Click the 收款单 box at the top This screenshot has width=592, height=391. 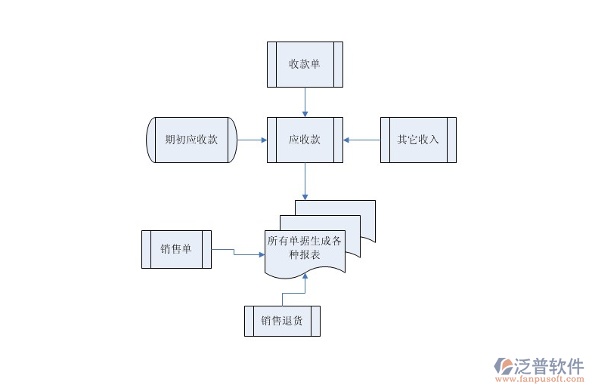(305, 64)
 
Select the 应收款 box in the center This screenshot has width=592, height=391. (305, 140)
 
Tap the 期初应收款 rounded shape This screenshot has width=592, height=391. (191, 140)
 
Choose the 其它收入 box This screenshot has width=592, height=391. (418, 140)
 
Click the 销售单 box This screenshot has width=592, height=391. (176, 249)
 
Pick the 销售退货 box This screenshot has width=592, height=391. (282, 321)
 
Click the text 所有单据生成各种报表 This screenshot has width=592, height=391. (305, 248)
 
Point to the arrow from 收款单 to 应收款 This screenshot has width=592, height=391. (305, 102)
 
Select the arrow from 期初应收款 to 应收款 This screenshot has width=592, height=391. (252, 140)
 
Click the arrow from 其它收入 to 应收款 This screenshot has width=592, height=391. (361, 140)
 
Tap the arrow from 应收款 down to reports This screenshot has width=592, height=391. (305, 181)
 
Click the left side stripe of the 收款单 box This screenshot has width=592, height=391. (271, 64)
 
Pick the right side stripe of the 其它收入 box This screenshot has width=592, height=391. (452, 140)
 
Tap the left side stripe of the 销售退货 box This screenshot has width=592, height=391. (248, 321)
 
